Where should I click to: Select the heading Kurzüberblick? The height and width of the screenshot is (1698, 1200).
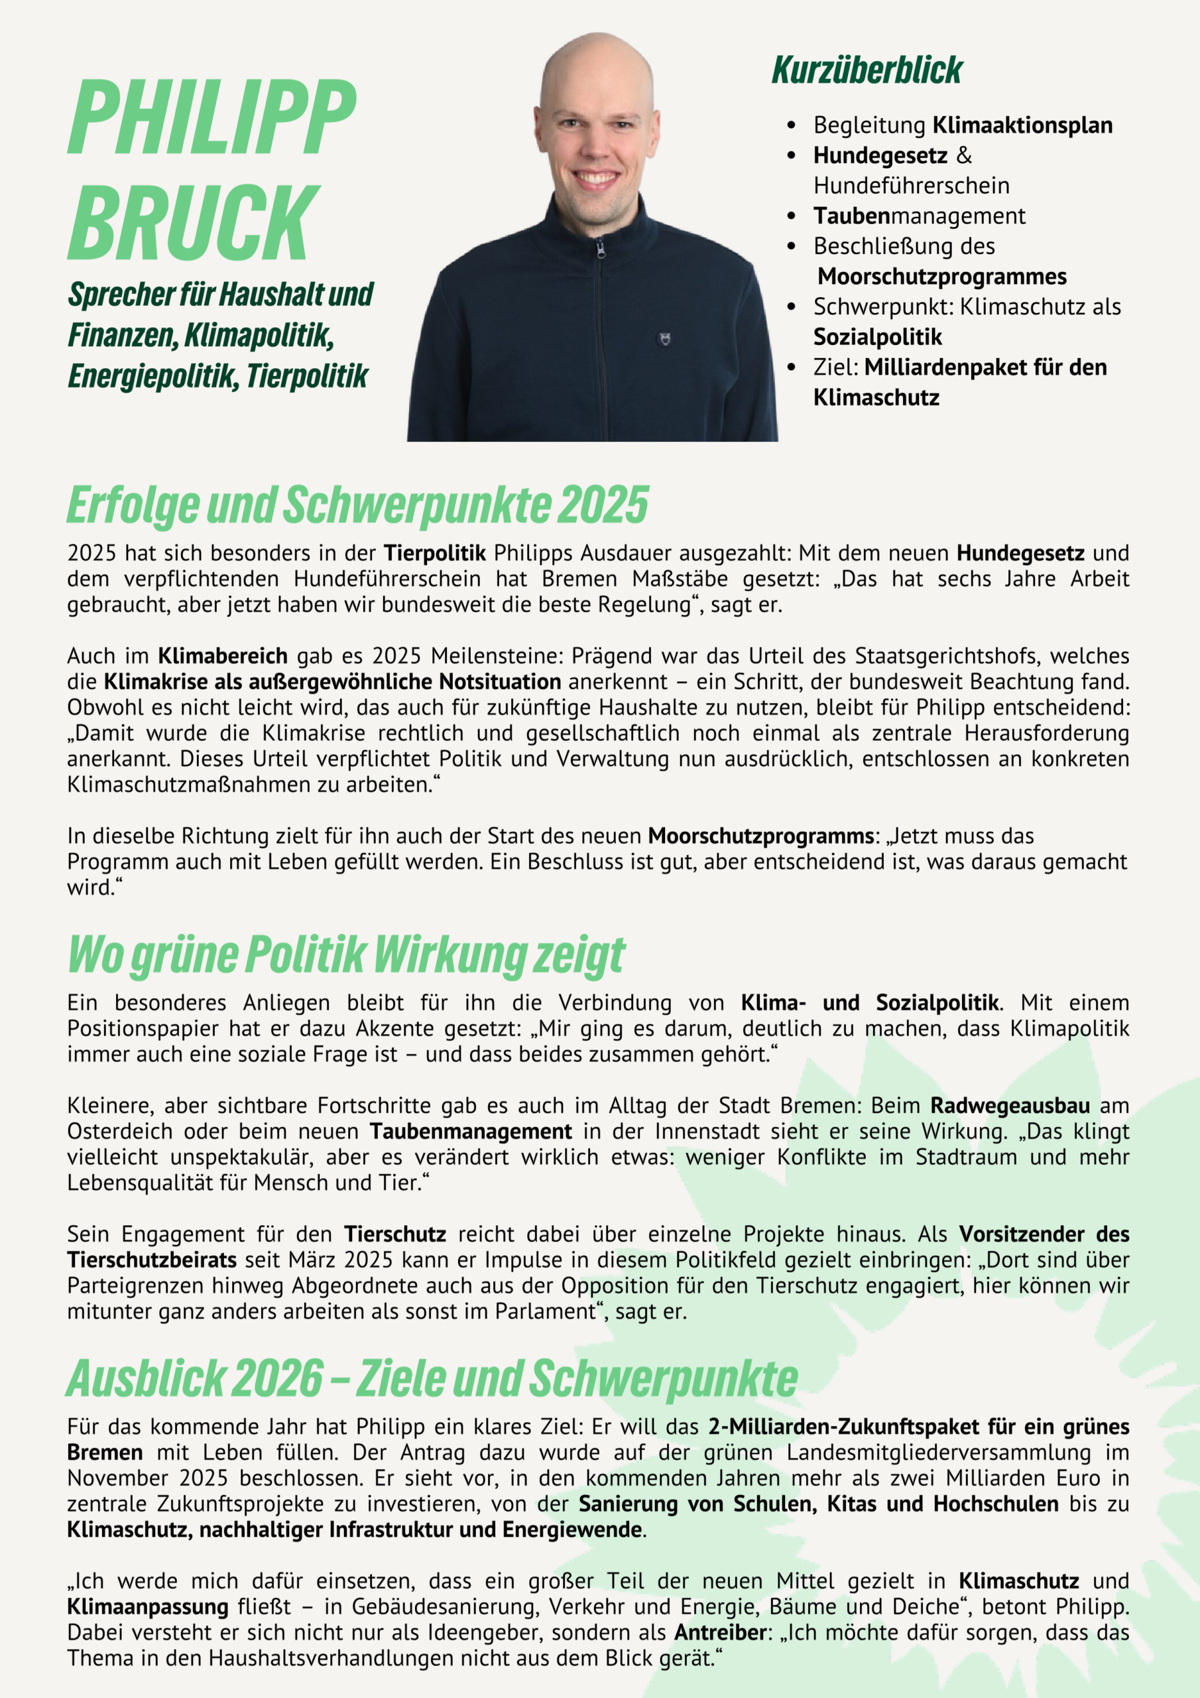[x=867, y=70]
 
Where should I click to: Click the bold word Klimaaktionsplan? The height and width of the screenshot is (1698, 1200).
[x=1022, y=125]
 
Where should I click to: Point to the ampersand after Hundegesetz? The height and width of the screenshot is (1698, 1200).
[x=963, y=155]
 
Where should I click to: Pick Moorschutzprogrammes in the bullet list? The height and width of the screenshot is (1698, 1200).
[x=942, y=277]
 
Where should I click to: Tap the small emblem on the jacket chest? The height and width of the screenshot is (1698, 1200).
[x=664, y=339]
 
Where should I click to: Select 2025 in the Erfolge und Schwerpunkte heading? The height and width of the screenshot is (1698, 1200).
[x=603, y=505]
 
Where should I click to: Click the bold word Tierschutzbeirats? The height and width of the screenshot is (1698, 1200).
[x=152, y=1260]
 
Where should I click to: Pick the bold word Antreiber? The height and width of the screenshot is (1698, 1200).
[x=719, y=1632]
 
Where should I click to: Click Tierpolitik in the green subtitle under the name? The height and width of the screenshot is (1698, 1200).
[x=307, y=375]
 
